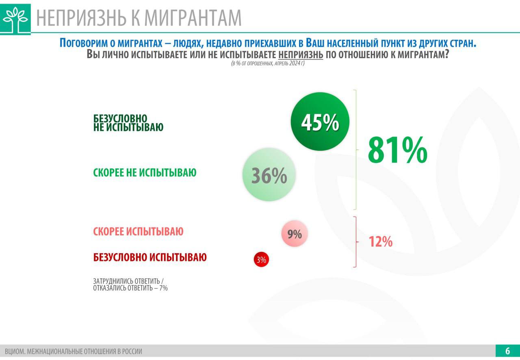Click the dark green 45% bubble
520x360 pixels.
pyautogui.click(x=320, y=121)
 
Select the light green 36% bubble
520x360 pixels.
pyautogui.click(x=269, y=175)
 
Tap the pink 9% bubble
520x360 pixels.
pyautogui.click(x=295, y=234)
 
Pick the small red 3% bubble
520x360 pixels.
pyautogui.click(x=262, y=260)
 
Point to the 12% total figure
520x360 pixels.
pyautogui.click(x=380, y=242)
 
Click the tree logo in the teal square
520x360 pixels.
pyautogui.click(x=15, y=19)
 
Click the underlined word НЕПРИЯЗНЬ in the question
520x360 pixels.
pyautogui.click(x=301, y=55)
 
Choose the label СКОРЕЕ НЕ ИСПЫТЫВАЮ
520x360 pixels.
pyautogui.click(x=145, y=173)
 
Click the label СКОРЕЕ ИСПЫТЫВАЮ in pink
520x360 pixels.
pyautogui.click(x=138, y=232)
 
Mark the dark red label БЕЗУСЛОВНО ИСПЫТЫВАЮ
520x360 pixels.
pyautogui.click(x=150, y=257)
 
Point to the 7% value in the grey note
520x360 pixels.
pyautogui.click(x=163, y=288)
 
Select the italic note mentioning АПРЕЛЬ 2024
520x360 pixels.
pyautogui.click(x=268, y=64)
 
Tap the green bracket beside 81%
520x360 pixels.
pyautogui.click(x=356, y=149)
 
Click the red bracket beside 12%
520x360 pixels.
pyautogui.click(x=356, y=242)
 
